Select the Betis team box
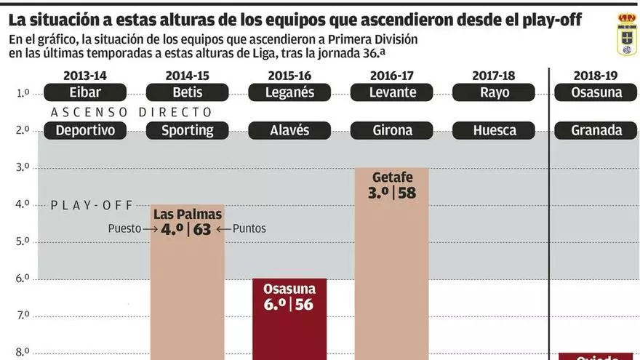pyautogui.click(x=188, y=92)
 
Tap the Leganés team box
pyautogui.click(x=290, y=92)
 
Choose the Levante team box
pyautogui.click(x=393, y=92)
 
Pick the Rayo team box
pyautogui.click(x=495, y=92)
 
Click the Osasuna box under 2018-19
pyautogui.click(x=596, y=92)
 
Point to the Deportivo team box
pyautogui.click(x=85, y=130)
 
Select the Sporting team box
pyautogui.click(x=187, y=130)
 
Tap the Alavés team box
pyautogui.click(x=289, y=130)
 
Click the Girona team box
pyautogui.click(x=393, y=130)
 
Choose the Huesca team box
pyautogui.click(x=495, y=130)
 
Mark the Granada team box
pyautogui.click(x=596, y=130)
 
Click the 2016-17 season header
pyautogui.click(x=393, y=75)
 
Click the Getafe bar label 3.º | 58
pyautogui.click(x=393, y=193)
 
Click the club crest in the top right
pyautogui.click(x=625, y=34)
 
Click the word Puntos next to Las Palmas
pyautogui.click(x=249, y=228)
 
